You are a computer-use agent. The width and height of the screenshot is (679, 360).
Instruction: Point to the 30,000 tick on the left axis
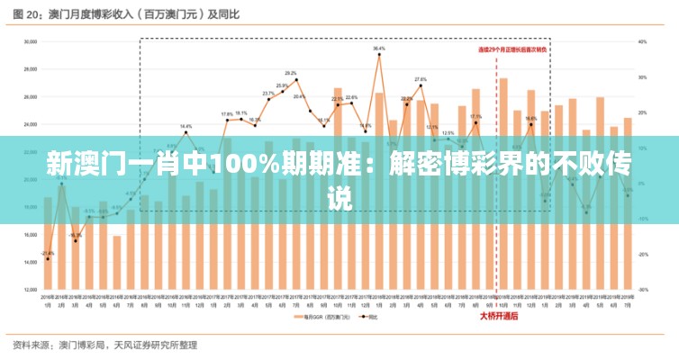tap(30, 41)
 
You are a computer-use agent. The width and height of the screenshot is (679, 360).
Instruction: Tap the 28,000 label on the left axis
tap(30, 69)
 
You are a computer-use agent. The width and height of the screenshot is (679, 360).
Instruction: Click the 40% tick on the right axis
tap(642, 41)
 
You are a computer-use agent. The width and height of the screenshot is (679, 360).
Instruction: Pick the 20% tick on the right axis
tap(642, 112)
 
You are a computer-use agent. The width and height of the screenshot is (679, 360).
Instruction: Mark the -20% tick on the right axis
tap(642, 255)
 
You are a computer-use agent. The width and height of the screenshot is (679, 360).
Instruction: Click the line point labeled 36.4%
tap(379, 55)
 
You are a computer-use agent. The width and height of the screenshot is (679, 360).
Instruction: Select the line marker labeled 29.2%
tap(296, 80)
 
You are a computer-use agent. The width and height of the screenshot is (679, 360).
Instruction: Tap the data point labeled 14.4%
tap(186, 133)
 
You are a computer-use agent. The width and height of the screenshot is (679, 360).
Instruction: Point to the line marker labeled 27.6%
tap(421, 86)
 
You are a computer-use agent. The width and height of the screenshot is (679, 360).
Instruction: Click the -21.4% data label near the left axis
tap(48, 253)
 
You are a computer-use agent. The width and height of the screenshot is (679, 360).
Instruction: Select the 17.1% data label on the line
tap(475, 117)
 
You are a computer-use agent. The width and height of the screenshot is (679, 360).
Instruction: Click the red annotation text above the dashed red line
tap(512, 49)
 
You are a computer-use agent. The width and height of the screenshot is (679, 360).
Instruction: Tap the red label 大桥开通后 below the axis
tap(497, 315)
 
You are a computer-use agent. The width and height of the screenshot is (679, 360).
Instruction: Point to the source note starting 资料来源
tap(104, 345)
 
